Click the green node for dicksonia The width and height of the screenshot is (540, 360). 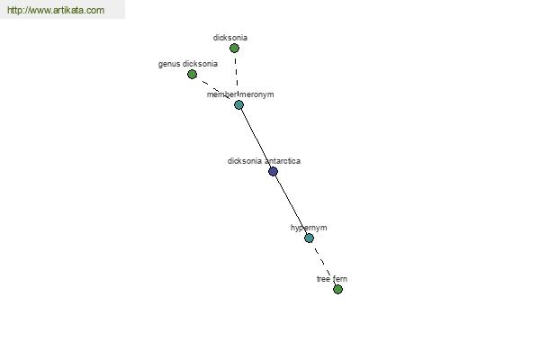point(234,49)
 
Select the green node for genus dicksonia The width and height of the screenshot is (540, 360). point(193,74)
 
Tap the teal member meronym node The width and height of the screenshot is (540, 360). point(239,104)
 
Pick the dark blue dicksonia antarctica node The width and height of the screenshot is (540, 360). point(273,171)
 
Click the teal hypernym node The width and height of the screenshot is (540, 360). point(310,238)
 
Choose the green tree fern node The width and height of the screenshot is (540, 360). point(337,290)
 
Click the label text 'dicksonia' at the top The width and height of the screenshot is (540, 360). point(230,38)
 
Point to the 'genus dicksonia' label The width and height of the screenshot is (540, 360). point(188,64)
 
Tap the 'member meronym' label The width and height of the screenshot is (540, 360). point(240,94)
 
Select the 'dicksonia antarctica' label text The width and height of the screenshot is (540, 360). point(264,161)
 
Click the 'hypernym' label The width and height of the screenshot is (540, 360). point(309,228)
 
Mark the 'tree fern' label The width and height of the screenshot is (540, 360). point(332,279)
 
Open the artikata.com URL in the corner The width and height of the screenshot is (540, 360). point(56,10)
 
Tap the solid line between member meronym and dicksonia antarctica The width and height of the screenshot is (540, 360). point(256,138)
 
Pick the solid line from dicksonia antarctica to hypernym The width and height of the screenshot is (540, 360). point(291,204)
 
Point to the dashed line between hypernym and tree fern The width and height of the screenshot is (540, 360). point(323,264)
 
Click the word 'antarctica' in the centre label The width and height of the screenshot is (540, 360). point(283,161)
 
